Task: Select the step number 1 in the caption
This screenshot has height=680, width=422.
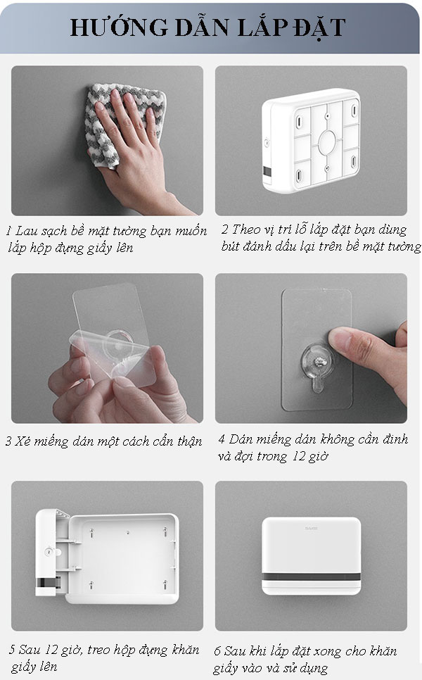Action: point(9,232)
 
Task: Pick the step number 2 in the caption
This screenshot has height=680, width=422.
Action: point(224,230)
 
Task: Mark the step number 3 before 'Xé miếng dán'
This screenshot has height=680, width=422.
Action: point(8,442)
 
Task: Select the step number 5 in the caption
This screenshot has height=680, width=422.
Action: point(13,650)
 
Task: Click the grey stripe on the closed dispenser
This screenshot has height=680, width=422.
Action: point(311,579)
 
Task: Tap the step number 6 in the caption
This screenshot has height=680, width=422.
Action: point(218,650)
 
